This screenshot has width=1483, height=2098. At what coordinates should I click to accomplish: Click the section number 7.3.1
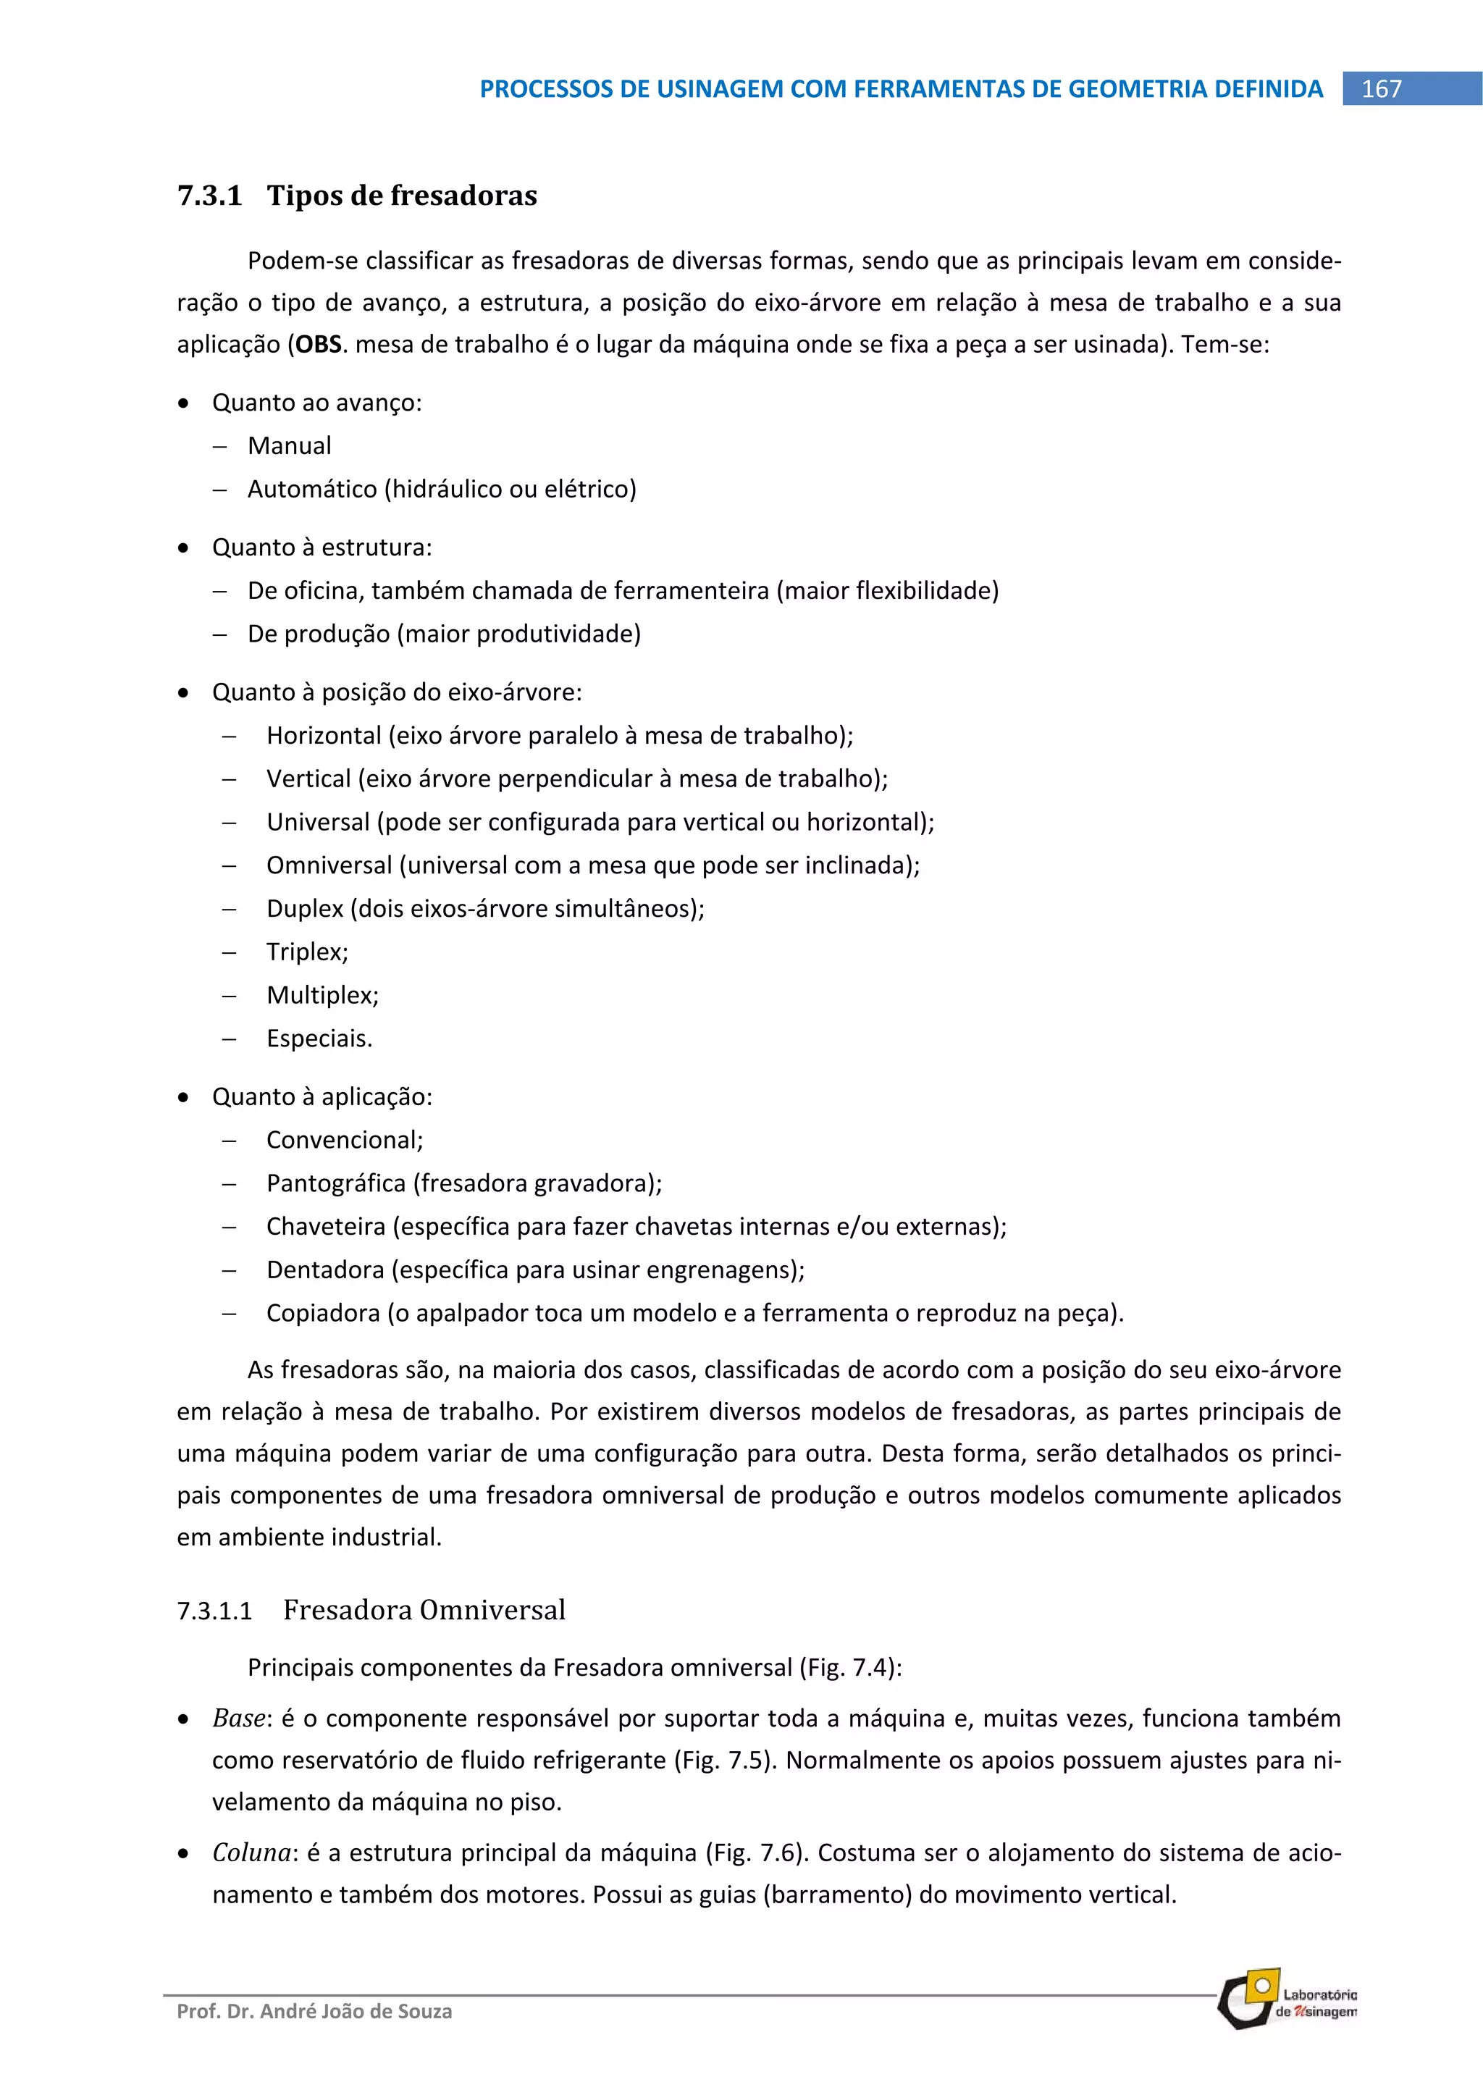(209, 196)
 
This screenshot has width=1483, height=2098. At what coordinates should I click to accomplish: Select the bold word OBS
(318, 345)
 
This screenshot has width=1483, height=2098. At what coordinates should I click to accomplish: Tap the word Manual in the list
(289, 446)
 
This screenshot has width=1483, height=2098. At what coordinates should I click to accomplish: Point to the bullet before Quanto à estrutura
(185, 548)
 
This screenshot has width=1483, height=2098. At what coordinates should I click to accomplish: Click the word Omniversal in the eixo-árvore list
(329, 865)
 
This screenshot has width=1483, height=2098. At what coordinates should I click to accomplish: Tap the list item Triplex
(306, 952)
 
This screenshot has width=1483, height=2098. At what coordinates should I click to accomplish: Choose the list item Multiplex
(322, 995)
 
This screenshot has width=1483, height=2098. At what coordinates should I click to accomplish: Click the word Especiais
(319, 1039)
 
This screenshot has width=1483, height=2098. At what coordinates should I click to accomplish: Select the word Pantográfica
(335, 1183)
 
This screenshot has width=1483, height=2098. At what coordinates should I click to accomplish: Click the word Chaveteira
(325, 1226)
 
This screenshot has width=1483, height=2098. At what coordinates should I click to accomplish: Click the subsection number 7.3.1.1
(214, 1611)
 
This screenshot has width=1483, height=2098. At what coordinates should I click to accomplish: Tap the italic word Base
(238, 1719)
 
